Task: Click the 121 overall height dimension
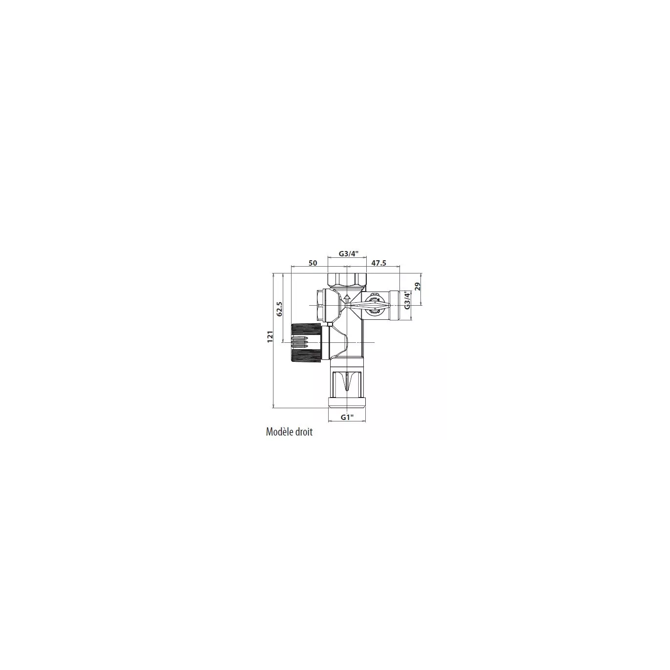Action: [270, 336]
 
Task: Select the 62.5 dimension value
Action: [279, 309]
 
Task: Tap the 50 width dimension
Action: [313, 263]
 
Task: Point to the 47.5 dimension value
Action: [378, 263]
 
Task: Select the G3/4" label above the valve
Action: [349, 253]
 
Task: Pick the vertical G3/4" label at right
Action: [408, 300]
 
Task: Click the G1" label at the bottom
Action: [347, 417]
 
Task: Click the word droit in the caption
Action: [304, 432]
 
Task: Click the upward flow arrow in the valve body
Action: [347, 299]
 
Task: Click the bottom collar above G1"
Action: [347, 402]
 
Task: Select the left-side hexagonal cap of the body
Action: [321, 305]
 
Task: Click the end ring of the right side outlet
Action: [394, 305]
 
